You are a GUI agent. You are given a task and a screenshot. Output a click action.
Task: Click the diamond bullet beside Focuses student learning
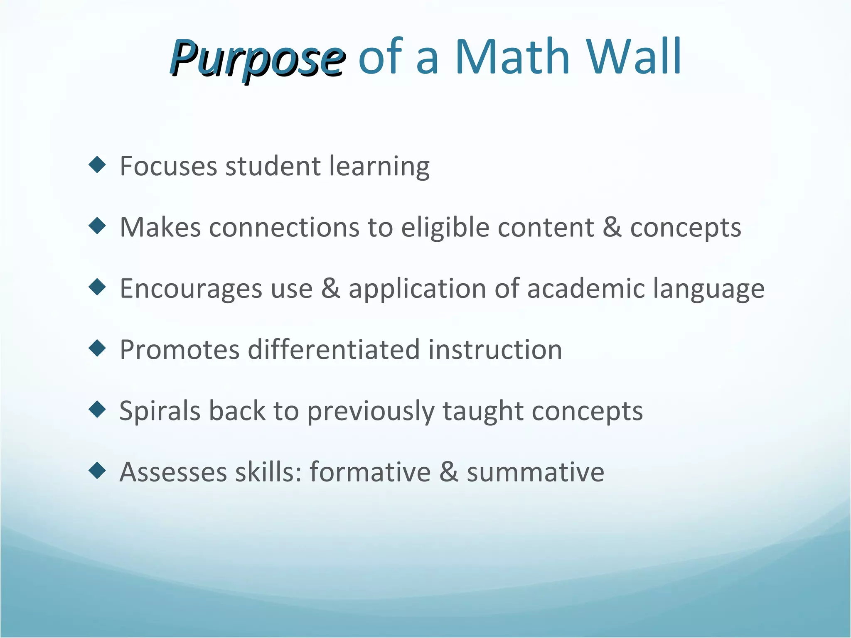pos(98,165)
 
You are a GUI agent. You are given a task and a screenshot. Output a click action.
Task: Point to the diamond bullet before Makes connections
pos(98,226)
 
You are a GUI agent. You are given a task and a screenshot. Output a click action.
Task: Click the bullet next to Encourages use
pos(98,287)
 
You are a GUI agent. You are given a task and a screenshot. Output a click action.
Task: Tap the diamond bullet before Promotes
pos(98,348)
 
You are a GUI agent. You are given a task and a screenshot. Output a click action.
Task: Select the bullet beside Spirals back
pos(98,409)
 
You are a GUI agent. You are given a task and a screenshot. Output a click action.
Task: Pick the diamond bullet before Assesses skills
pos(98,471)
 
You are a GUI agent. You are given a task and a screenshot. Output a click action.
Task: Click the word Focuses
pos(168,166)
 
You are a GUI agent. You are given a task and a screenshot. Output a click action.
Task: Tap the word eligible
pos(445,228)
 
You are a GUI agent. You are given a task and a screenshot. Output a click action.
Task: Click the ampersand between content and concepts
pos(612,228)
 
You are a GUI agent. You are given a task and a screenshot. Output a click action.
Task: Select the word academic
pos(585,289)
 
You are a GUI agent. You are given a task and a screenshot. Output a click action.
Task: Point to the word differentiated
pos(334,350)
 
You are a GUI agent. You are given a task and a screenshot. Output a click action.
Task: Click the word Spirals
pos(160,411)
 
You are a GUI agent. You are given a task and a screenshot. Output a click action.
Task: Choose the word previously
pos(370,411)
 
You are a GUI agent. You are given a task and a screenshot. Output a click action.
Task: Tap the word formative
pos(370,472)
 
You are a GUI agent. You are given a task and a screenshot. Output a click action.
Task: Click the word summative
pos(535,472)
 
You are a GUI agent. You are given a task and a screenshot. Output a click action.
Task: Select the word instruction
pos(495,350)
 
